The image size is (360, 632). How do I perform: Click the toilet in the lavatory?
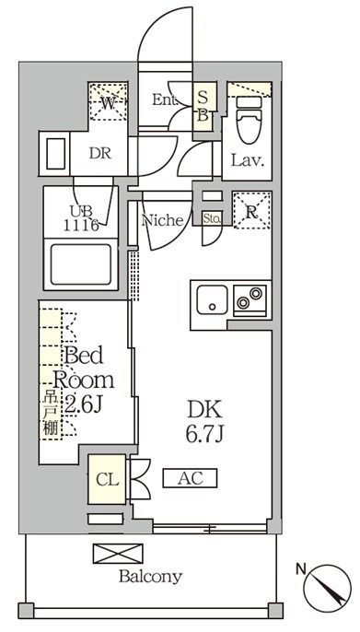pos(249,120)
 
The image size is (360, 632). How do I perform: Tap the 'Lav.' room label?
pos(248,159)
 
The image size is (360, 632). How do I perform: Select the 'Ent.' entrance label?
pos(166,99)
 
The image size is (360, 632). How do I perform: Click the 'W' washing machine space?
pos(108,102)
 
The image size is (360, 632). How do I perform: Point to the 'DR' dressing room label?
pos(99,154)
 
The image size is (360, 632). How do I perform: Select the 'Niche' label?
pos(162,220)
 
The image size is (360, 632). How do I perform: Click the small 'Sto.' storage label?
pos(211,218)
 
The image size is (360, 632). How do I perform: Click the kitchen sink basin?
pos(212,298)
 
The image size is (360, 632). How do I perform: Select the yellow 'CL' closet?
pos(108,480)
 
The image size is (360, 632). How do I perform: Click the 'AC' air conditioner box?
pos(190,478)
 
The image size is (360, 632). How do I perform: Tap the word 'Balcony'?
pos(149,577)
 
